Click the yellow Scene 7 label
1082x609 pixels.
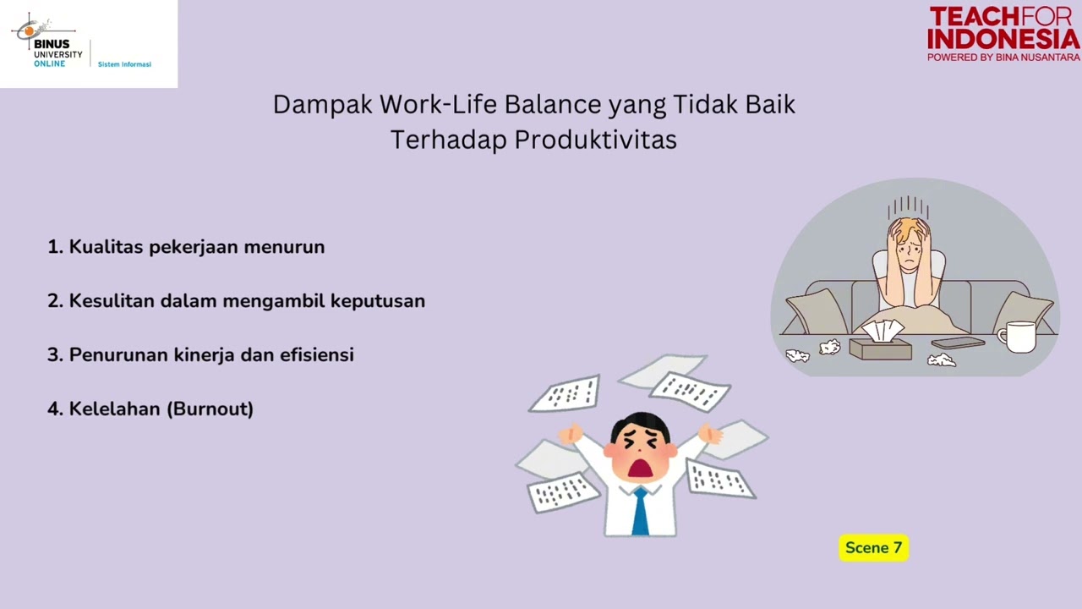point(873,548)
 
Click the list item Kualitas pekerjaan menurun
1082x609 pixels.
point(186,247)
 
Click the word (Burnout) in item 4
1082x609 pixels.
point(210,409)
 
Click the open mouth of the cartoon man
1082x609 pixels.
point(640,467)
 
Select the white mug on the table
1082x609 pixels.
point(1020,337)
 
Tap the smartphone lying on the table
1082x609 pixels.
point(958,343)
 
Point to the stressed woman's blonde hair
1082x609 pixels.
point(908,227)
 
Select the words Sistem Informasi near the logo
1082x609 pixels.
point(124,64)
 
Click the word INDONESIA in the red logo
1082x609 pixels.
point(1003,39)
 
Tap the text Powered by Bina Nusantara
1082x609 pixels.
point(1003,58)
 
